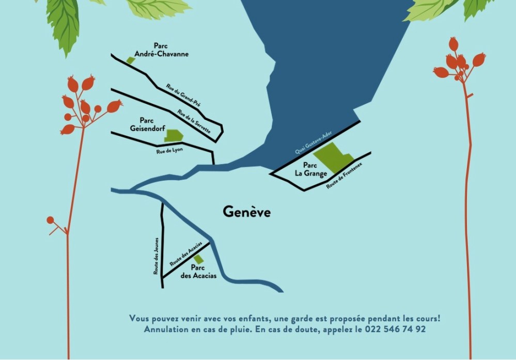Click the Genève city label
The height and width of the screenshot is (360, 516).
pos(246,212)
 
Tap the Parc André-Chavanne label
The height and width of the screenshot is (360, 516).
pos(161,50)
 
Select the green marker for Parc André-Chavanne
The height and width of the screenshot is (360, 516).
pos(131,60)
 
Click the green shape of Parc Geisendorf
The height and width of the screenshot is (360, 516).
pos(173,135)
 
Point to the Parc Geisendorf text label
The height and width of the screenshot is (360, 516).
pos(147,124)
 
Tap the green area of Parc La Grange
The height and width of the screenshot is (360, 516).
pos(333,156)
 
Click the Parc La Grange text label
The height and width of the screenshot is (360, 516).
pos(311,169)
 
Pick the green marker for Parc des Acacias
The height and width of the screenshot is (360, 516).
pos(199,259)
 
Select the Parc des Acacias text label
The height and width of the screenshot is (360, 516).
pos(198,272)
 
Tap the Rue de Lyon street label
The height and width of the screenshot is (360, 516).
pos(170,150)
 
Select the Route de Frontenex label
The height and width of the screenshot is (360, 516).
pos(345,175)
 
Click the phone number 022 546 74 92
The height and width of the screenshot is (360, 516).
pos(395,329)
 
